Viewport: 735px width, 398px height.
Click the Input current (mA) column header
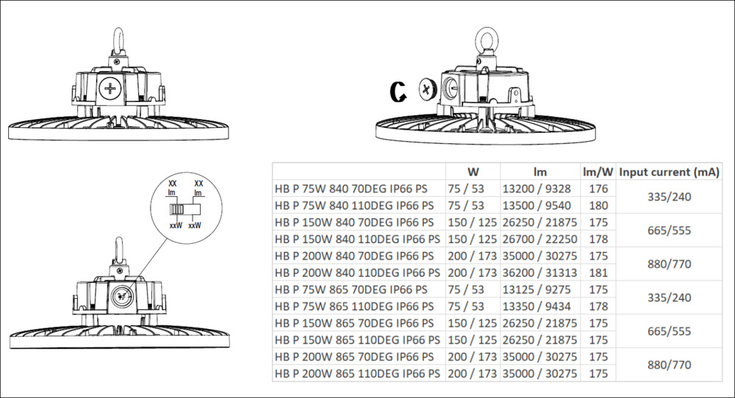(669, 173)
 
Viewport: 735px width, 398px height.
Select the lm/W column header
(598, 172)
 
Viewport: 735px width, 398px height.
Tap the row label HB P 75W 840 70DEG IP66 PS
(351, 189)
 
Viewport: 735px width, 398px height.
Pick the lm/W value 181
(598, 272)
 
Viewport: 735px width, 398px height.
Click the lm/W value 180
(598, 206)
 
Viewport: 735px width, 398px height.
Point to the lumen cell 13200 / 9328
(537, 189)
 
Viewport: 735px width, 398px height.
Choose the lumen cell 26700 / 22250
(540, 239)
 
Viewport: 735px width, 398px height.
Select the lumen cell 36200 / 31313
(540, 272)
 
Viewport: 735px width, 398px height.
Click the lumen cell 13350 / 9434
(537, 306)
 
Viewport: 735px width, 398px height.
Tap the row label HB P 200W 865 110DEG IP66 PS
(357, 374)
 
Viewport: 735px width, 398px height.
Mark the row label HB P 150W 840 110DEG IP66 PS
(357, 239)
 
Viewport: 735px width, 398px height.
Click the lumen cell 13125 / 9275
(537, 289)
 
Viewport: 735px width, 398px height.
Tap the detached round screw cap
(426, 89)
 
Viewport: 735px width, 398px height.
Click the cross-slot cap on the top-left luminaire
(110, 88)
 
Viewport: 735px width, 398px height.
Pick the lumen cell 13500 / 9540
(537, 206)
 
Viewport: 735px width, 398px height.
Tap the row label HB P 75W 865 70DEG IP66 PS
(351, 289)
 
